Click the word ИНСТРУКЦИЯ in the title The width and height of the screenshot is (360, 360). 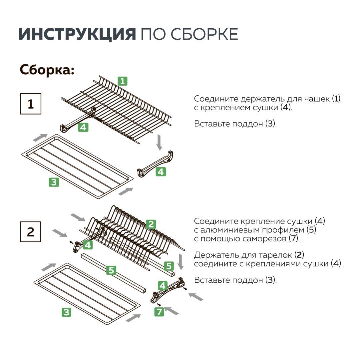[77, 34]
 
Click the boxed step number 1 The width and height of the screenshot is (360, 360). [31, 104]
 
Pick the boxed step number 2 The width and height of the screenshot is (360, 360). [31, 232]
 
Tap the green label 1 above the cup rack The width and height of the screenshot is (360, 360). [123, 81]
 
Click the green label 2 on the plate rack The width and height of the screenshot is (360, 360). [151, 224]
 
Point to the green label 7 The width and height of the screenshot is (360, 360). [159, 312]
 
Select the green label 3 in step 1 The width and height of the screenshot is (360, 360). [54, 182]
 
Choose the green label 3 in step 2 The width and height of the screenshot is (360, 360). [67, 312]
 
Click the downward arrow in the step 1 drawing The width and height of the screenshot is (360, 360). [159, 142]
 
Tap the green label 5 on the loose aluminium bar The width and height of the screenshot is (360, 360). [111, 270]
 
